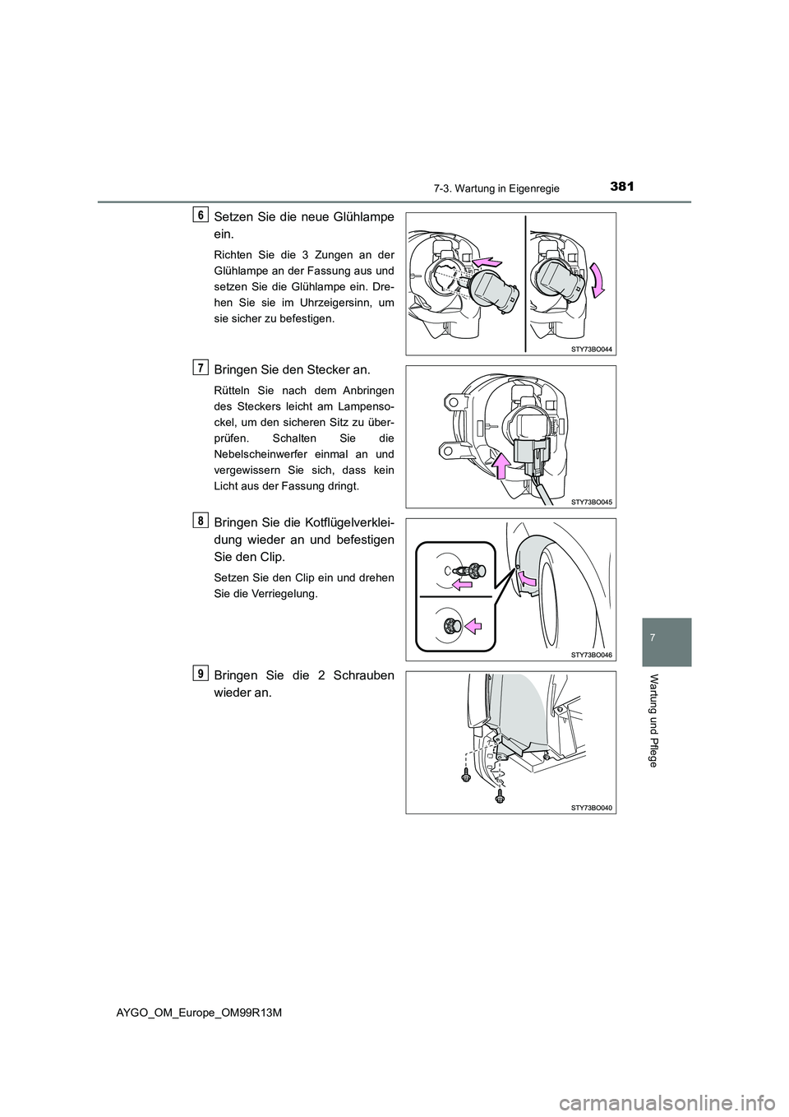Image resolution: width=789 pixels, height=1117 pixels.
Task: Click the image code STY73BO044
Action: point(590,348)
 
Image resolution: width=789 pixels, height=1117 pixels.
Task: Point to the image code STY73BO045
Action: point(590,501)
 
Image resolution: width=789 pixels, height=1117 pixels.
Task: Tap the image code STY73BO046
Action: point(590,654)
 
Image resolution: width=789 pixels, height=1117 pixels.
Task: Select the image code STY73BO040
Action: point(590,807)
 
